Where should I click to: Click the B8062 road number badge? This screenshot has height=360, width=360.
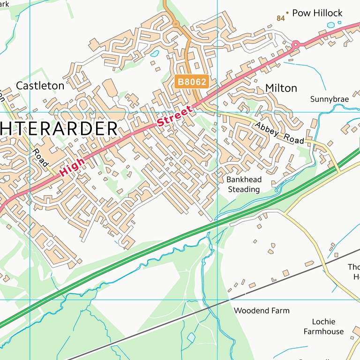coord(192,82)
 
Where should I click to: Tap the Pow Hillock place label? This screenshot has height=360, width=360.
coord(317,13)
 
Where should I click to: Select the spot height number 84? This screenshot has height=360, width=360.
coord(281,18)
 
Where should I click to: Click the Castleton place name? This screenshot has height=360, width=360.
coord(40,86)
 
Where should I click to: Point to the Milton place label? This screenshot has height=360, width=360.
coord(281,88)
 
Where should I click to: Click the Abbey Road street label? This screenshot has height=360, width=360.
coord(279,133)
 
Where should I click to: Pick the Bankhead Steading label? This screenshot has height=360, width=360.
coord(244,185)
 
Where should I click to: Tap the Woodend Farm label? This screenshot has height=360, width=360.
coord(262,311)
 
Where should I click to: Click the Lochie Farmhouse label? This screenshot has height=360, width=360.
coord(323,327)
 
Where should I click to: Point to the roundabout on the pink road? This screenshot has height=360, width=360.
coord(296,45)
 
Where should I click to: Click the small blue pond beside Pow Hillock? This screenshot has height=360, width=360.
coord(331,25)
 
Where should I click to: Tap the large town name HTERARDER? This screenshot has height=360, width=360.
coord(59,129)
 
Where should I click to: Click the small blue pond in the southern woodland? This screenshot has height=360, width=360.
coord(191,337)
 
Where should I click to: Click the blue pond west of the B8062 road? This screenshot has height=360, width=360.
coord(155,53)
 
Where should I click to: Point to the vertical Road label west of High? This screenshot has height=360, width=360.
coord(41,157)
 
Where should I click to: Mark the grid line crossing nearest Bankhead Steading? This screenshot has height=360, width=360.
coord(217,112)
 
